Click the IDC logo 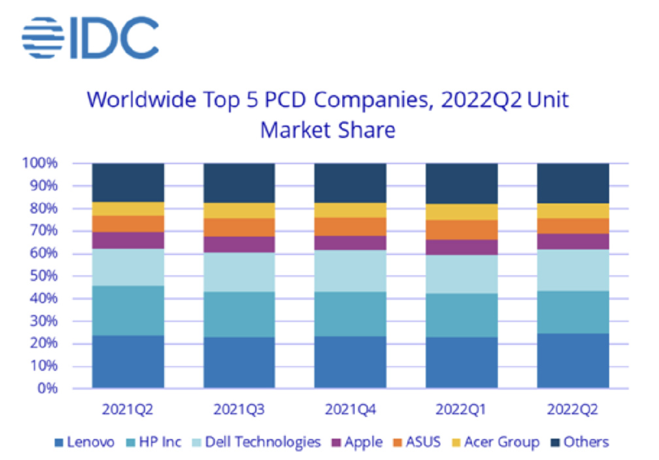click(x=90, y=37)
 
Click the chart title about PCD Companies click(x=328, y=115)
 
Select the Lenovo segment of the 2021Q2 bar click(x=128, y=362)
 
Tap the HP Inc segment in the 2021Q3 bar click(x=239, y=314)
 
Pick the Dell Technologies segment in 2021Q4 click(x=350, y=271)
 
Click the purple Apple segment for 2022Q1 click(x=462, y=247)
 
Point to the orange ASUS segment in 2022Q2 click(x=572, y=225)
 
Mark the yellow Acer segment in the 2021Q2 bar click(x=128, y=209)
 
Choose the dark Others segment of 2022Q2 click(x=572, y=183)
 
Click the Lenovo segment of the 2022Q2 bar click(x=572, y=361)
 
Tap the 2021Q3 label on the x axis click(x=239, y=410)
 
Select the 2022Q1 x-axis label click(x=462, y=410)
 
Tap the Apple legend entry click(x=357, y=442)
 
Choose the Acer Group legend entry click(x=494, y=442)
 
